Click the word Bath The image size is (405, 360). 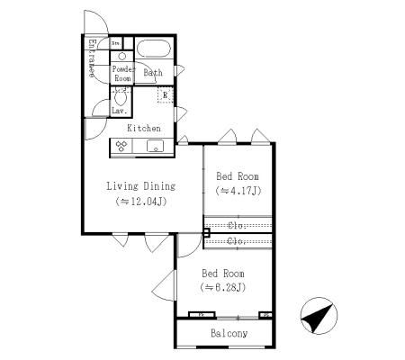152,73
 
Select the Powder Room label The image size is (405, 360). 122,73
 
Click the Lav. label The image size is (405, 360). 118,110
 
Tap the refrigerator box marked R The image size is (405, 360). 164,94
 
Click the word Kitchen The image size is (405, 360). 143,128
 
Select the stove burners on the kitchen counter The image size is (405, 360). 121,146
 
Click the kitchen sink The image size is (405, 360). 155,147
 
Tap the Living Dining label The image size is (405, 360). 140,186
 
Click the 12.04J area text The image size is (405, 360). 142,202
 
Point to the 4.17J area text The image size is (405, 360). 238,191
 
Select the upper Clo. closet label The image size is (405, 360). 238,225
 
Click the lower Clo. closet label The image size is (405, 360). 238,241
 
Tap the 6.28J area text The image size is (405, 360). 223,287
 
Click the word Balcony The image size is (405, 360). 229,334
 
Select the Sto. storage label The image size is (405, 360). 115,42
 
